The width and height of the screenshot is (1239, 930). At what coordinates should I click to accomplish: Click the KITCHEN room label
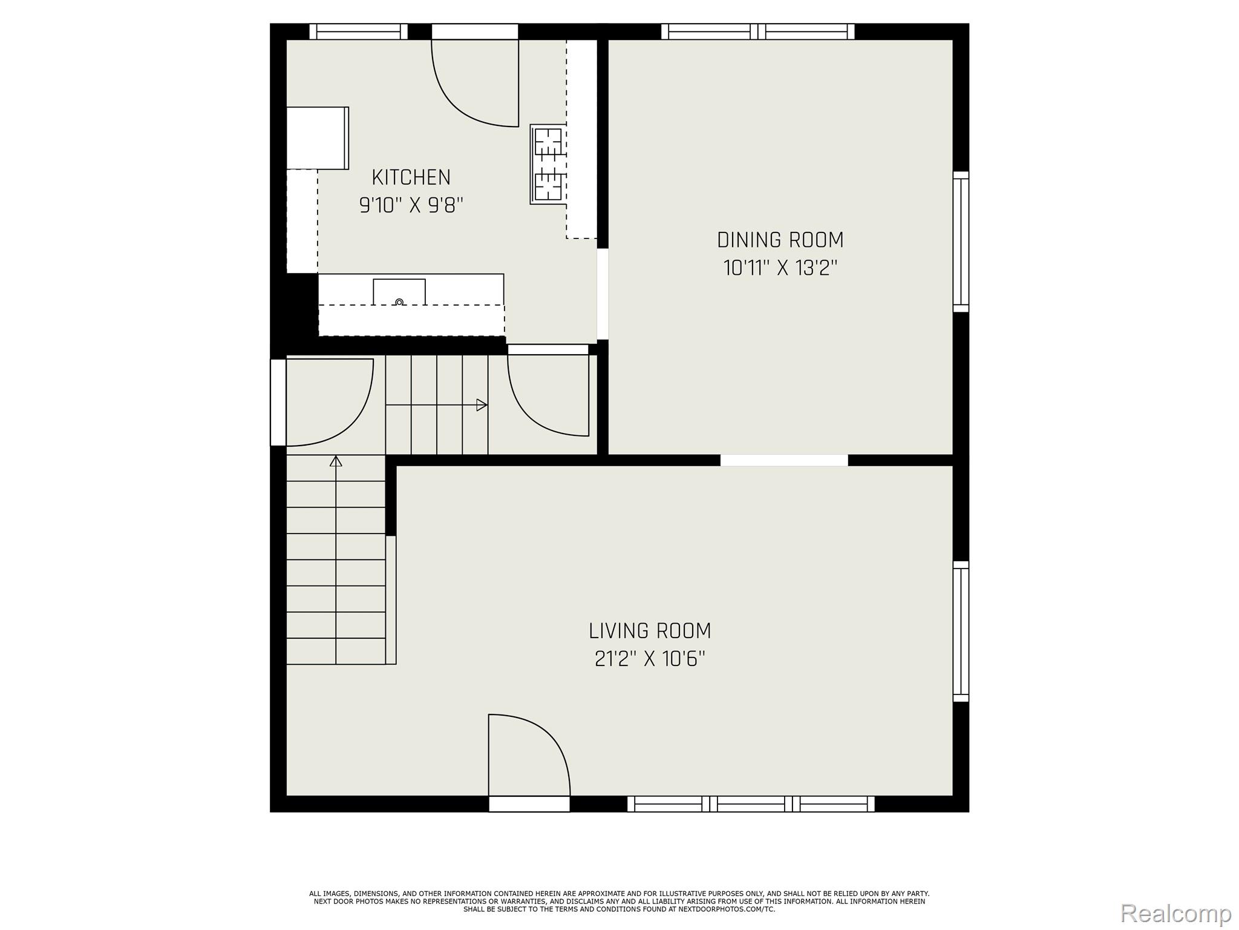pos(411,177)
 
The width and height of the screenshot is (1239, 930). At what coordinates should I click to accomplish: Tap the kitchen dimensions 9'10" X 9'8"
pos(411,206)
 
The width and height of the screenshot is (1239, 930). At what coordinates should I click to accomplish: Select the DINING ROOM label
pos(780,240)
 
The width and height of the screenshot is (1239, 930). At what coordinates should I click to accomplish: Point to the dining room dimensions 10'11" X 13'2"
pos(780,268)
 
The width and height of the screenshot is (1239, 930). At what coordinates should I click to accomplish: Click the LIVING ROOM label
pos(650,631)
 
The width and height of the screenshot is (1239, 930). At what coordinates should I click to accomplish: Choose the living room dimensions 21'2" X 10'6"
pos(650,659)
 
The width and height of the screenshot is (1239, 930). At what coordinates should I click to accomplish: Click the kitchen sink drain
pos(399,302)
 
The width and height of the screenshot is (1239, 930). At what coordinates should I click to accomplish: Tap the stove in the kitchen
pos(548,164)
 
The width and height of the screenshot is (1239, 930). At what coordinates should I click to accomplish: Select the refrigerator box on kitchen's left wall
pos(317,138)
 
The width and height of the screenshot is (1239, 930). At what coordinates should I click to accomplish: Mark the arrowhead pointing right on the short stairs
pos(482,405)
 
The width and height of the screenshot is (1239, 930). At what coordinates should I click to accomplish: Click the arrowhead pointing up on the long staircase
pos(336,461)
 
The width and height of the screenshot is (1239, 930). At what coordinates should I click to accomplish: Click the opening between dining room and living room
pos(783,460)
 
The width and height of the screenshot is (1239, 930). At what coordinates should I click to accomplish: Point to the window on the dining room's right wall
pos(961,242)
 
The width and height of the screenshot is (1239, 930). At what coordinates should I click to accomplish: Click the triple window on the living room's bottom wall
pos(751,804)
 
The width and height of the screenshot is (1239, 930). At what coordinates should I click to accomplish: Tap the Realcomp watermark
pos(1175,913)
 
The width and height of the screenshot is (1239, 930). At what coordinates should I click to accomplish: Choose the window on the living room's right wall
pos(961,631)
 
